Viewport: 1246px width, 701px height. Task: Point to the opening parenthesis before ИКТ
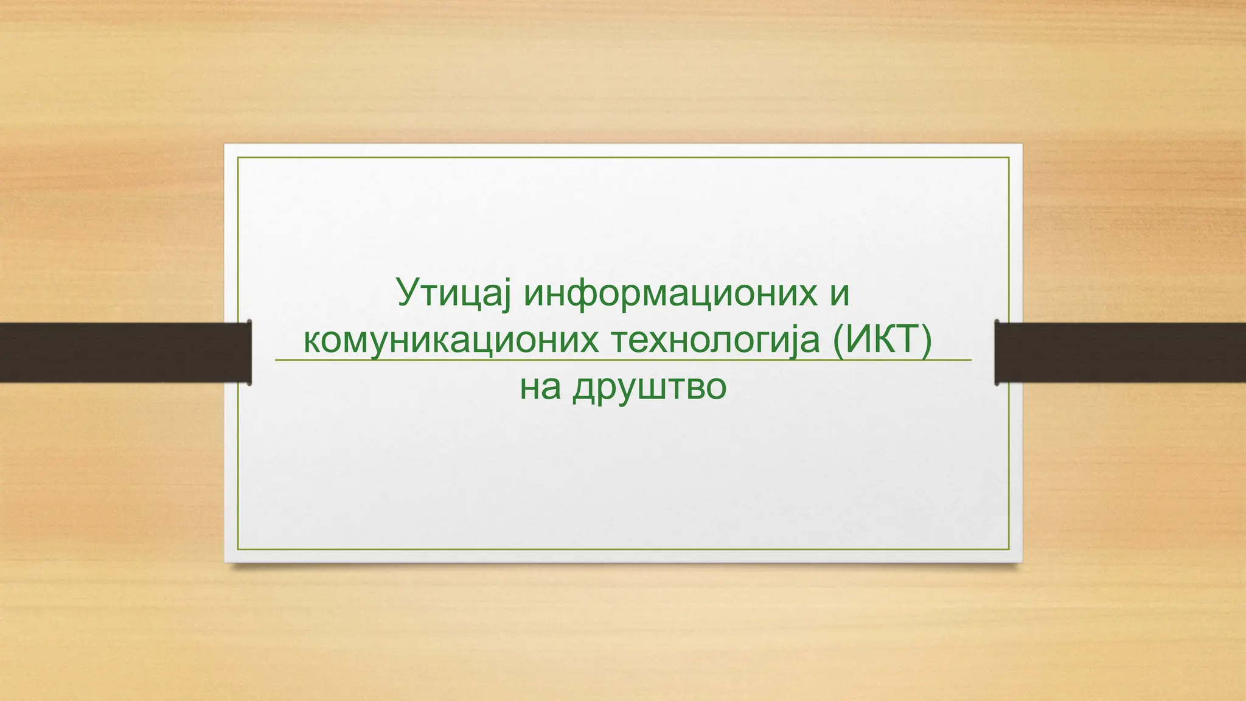(838, 341)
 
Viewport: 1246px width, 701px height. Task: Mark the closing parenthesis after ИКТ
(927, 341)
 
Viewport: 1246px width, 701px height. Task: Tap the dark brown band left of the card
(122, 352)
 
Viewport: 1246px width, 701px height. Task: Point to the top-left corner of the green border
(238, 158)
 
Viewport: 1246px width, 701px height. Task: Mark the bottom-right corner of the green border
(1009, 549)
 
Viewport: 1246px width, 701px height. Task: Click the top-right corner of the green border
(1009, 158)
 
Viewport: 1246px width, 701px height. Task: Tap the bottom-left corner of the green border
(238, 549)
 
